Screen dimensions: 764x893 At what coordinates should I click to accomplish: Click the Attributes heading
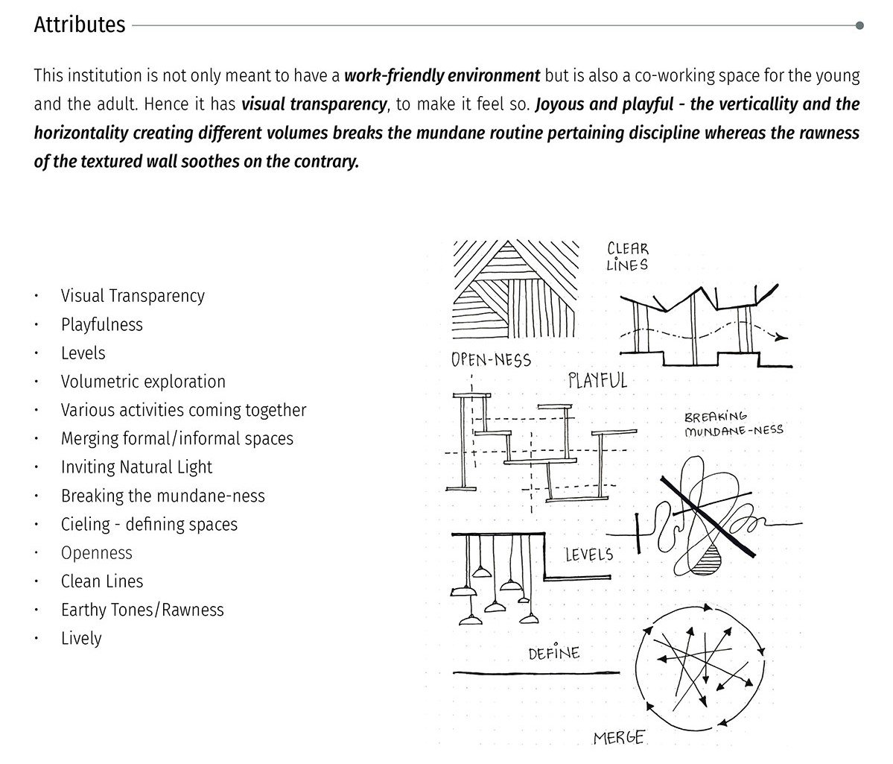[x=80, y=25]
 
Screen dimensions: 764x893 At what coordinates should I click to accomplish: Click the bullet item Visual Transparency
[x=133, y=296]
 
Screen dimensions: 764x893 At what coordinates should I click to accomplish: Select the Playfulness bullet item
[x=102, y=325]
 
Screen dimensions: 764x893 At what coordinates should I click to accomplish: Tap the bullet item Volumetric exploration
[x=143, y=382]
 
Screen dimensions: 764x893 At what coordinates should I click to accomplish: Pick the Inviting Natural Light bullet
[x=136, y=467]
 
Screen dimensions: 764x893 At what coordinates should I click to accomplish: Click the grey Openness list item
[x=97, y=553]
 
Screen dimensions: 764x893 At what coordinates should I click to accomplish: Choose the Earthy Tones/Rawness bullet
[x=142, y=610]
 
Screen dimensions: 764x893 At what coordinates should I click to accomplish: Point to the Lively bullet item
[x=81, y=639]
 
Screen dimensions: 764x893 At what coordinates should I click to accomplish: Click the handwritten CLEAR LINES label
[x=627, y=257]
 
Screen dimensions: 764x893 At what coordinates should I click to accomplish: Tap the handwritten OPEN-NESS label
[x=491, y=361]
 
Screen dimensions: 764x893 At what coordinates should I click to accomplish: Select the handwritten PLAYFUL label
[x=597, y=381]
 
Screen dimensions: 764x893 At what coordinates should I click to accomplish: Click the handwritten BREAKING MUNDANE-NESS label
[x=733, y=424]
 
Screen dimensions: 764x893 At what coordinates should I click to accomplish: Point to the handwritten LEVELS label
[x=588, y=555]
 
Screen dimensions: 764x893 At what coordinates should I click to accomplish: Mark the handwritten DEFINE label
[x=553, y=654]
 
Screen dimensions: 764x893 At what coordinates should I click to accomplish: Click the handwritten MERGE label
[x=619, y=738]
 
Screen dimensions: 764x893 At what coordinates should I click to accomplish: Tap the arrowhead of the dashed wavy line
[x=780, y=338]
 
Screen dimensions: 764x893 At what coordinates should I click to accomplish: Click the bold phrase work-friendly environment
[x=442, y=76]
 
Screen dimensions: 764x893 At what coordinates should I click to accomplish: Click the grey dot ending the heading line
[x=859, y=26]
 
